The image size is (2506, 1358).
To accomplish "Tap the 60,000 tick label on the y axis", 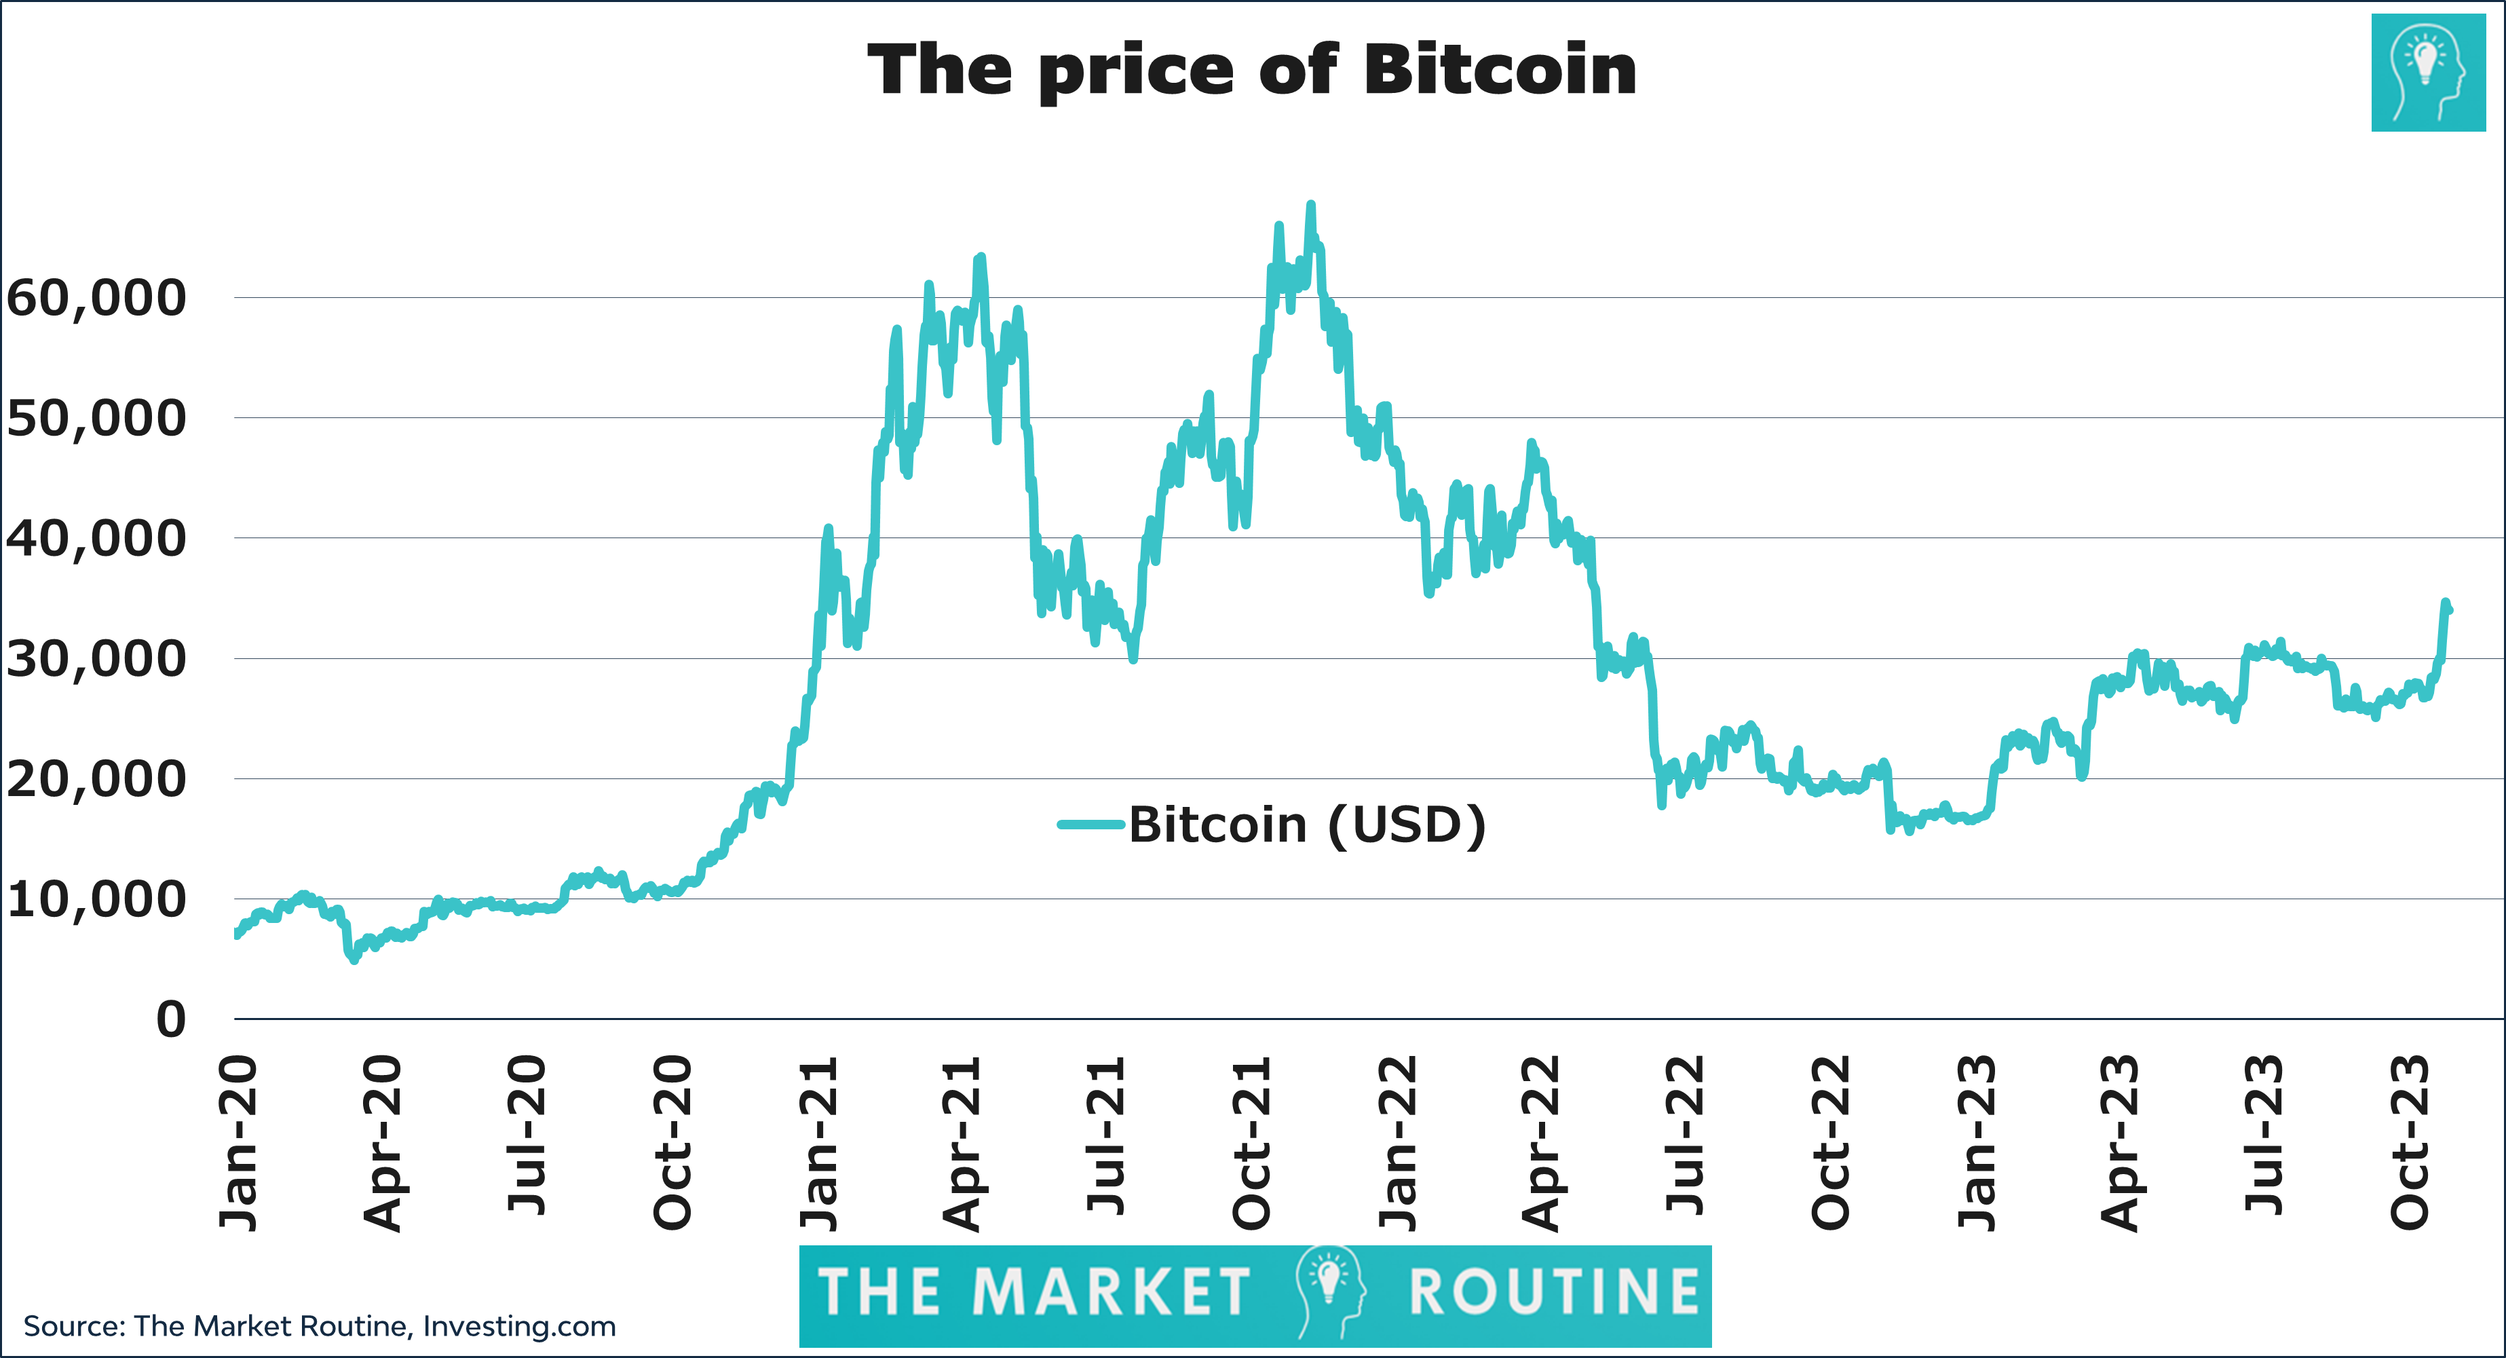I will [95, 298].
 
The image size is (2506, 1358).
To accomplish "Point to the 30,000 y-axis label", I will [95, 658].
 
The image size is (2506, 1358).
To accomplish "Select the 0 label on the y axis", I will [170, 1019].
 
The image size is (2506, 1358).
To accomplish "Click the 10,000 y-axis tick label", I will [95, 899].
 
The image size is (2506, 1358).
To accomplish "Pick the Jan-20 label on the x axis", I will [238, 1143].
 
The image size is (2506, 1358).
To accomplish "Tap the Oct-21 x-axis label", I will [1252, 1143].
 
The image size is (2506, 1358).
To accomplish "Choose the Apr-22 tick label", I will [1541, 1143].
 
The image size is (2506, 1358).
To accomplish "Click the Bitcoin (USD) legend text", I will [1306, 825].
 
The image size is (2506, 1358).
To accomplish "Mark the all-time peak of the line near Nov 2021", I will [1310, 205].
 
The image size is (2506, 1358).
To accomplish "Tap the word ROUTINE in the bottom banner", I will [1553, 1293].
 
